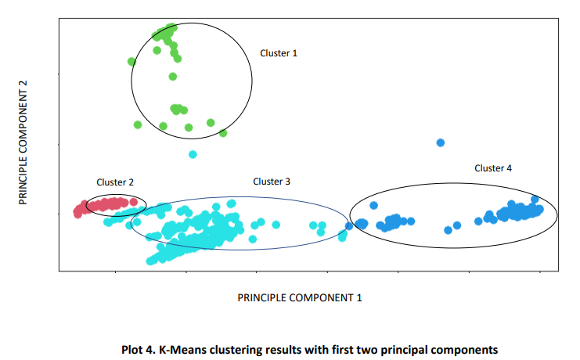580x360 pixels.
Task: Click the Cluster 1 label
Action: pos(279,53)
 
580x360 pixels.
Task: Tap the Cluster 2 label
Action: pos(115,182)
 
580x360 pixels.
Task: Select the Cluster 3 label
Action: pos(272,182)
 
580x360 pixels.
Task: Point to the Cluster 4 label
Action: pos(493,168)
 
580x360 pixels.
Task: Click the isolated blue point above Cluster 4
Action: pos(441,142)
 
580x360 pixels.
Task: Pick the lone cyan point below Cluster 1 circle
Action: pos(193,154)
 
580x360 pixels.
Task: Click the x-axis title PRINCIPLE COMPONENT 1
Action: pos(300,297)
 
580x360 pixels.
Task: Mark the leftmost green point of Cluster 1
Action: pos(132,61)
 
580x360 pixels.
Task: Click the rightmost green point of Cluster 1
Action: pos(223,133)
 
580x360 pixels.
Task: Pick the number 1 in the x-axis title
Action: pos(359,297)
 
